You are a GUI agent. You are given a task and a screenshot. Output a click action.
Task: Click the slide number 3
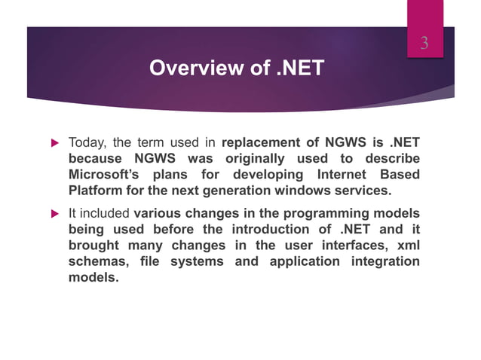[x=424, y=44]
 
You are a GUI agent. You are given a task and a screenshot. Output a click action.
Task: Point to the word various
[x=160, y=213]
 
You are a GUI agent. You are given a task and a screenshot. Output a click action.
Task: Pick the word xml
[x=406, y=246]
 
